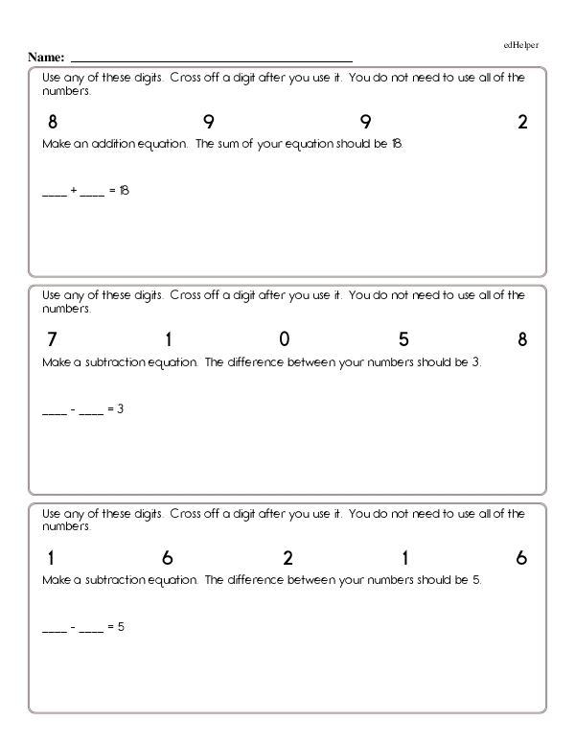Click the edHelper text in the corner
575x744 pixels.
tap(521, 45)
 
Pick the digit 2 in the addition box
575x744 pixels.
tap(522, 122)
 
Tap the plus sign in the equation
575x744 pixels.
tap(74, 191)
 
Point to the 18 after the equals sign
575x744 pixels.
tap(123, 191)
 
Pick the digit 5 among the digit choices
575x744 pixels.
tap(403, 339)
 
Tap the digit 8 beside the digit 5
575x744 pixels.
tap(522, 339)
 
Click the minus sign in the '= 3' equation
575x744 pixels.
tap(74, 409)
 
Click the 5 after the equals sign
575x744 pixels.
tap(122, 627)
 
